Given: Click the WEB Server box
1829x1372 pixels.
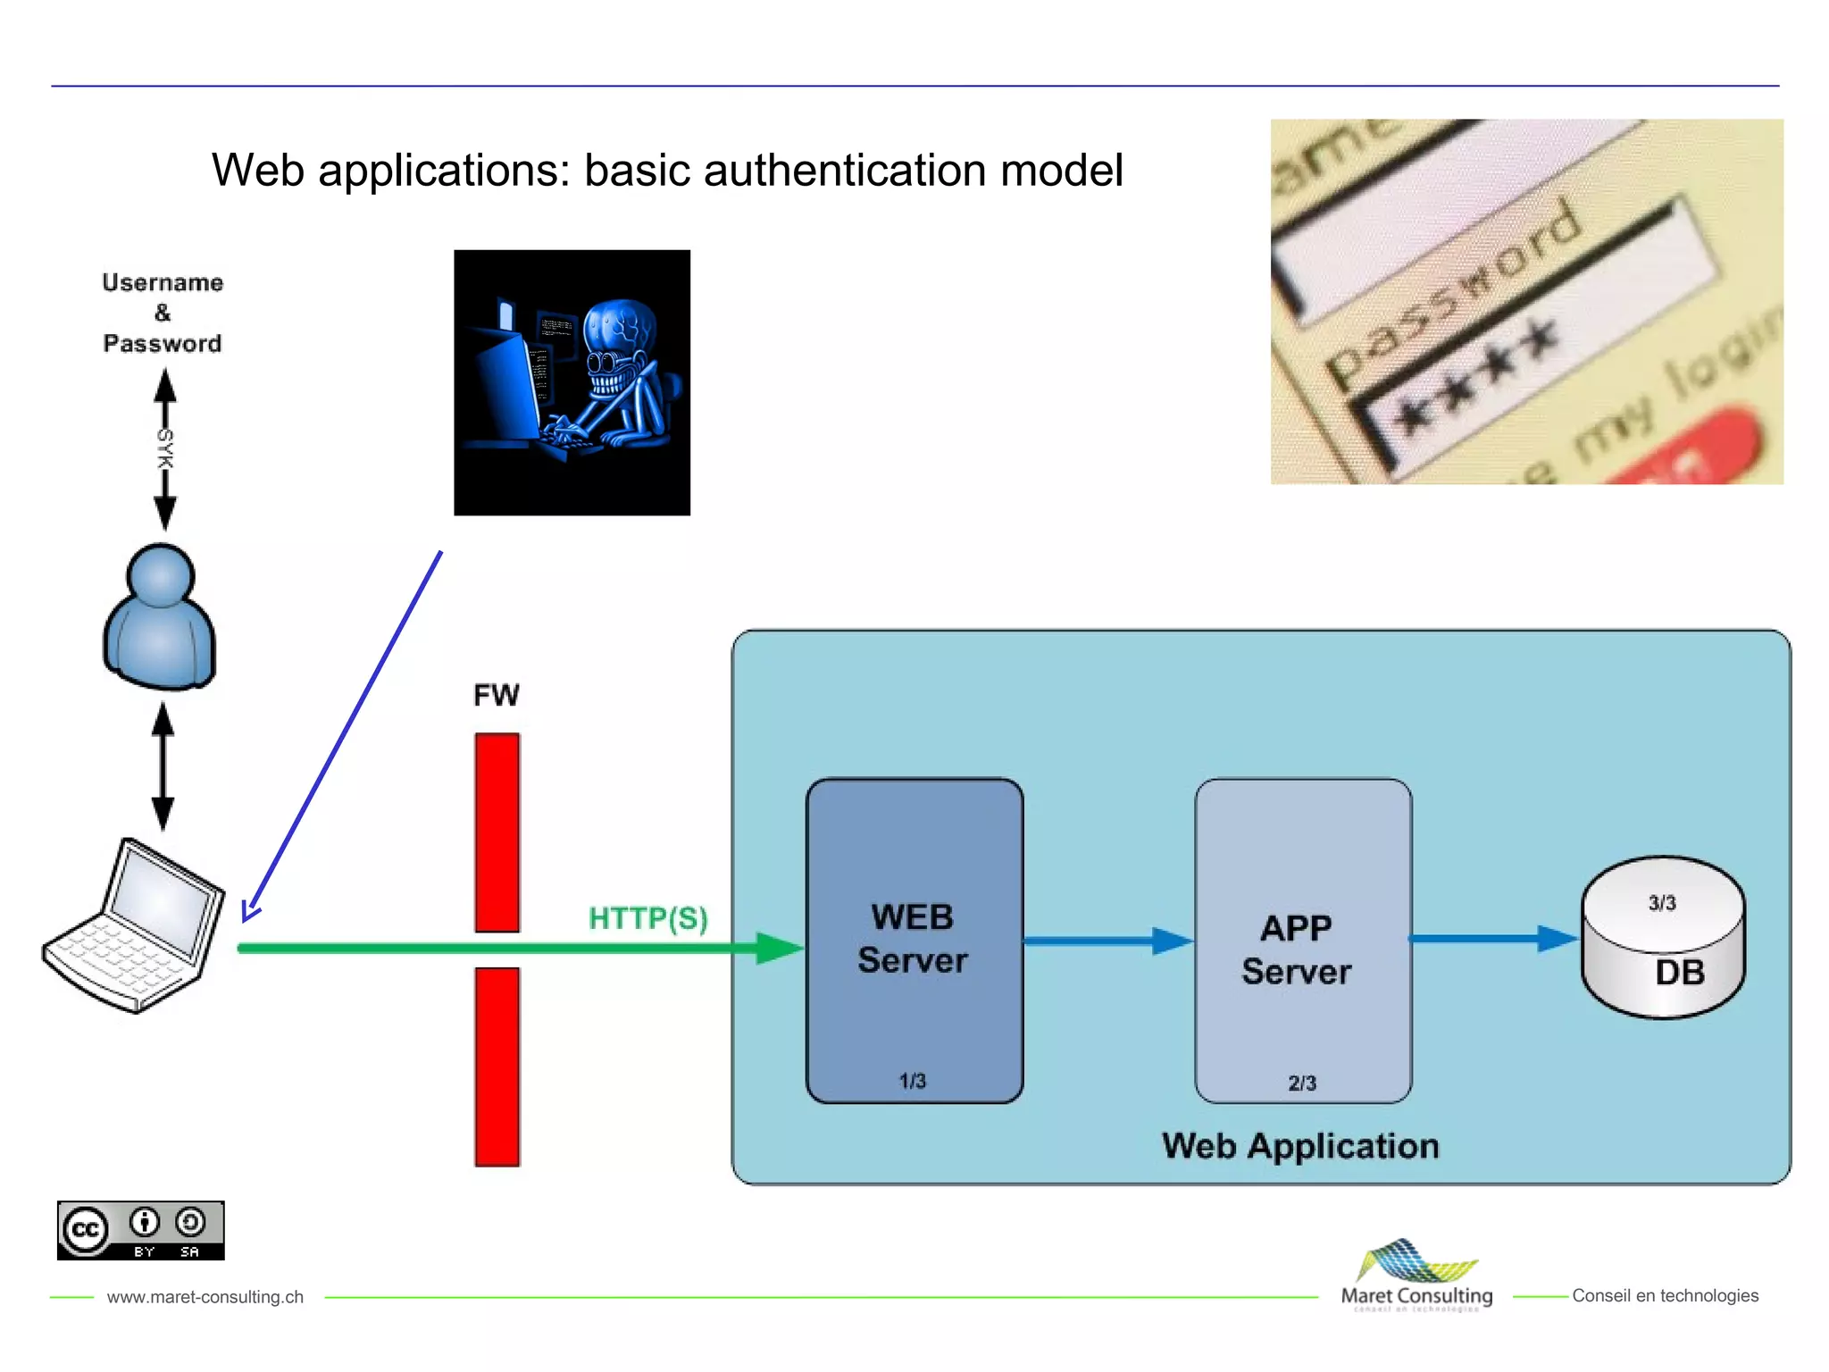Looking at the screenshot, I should point(914,940).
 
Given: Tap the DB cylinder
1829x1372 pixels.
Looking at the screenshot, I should point(1663,947).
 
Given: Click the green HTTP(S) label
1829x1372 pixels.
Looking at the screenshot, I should point(648,918).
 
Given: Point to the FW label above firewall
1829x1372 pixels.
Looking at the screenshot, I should point(497,695).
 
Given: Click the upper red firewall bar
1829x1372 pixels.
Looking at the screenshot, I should point(497,832).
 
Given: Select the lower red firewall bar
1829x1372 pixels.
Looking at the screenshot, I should point(497,1067).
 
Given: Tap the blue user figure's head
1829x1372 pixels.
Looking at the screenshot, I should point(161,576).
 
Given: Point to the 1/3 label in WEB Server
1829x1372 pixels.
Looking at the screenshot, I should point(912,1082).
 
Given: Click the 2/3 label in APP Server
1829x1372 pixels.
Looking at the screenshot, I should point(1302,1083).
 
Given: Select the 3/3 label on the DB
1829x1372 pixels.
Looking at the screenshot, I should point(1662,903).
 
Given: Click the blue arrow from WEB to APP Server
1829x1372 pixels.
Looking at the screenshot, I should point(1107,941).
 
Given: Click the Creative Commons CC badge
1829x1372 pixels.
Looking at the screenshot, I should point(140,1231).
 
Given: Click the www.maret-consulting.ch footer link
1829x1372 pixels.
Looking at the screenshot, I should point(205,1297).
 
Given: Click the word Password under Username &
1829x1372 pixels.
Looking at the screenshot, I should point(163,344).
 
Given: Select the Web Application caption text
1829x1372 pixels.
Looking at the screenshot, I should point(1300,1146).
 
